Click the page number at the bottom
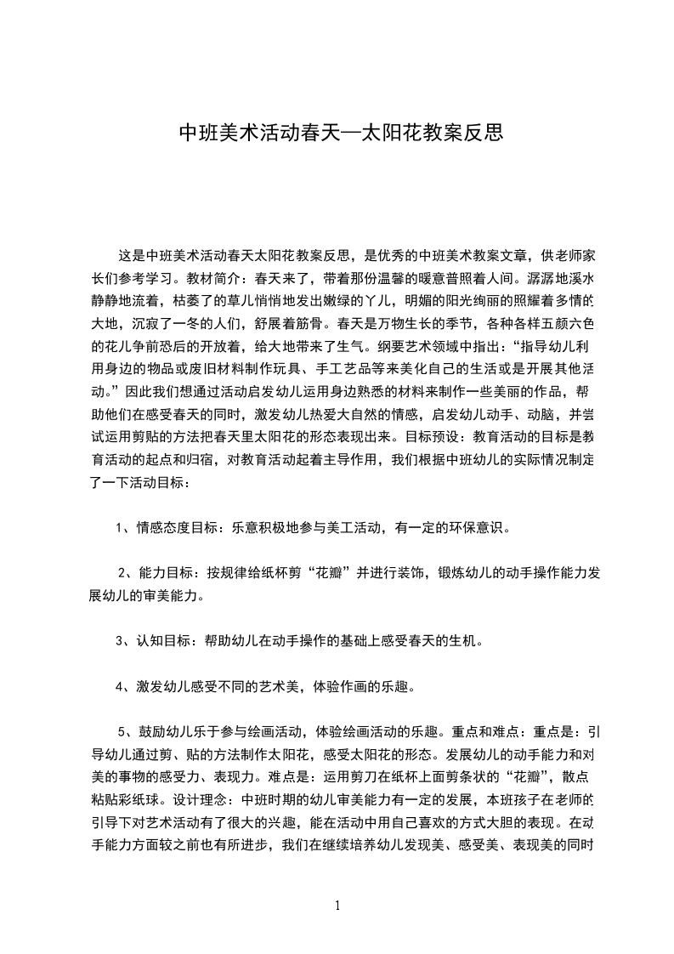(337, 906)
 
